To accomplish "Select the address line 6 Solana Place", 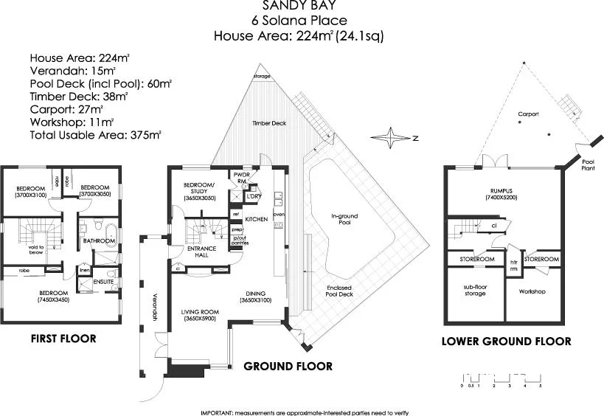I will pos(299,21).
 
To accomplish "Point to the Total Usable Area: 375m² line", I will pos(95,135).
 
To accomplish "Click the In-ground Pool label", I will pos(344,220).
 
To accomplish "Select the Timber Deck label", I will pos(268,123).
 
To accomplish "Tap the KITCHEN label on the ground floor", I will pos(256,220).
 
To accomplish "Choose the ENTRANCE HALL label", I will pos(202,252).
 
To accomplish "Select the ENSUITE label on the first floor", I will pos(103,282).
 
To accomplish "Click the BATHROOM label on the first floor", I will pos(97,240).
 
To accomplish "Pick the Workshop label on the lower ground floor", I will pos(532,291).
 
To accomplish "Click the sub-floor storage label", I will pos(475,290).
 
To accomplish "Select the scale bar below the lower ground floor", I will pos(501,379).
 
